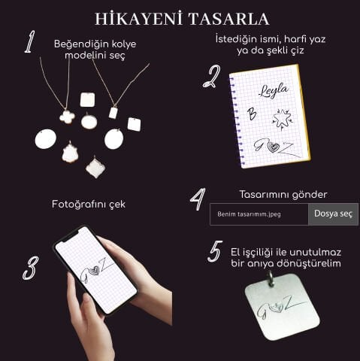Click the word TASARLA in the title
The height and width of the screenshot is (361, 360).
tap(228, 18)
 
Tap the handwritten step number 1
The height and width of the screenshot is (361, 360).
tap(29, 43)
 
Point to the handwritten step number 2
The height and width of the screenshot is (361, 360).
tap(212, 77)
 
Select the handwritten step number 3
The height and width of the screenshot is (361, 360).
tap(30, 267)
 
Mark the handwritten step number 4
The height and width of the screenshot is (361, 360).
tap(197, 199)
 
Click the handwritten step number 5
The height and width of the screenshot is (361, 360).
tap(214, 251)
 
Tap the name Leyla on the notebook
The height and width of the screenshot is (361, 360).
tap(273, 91)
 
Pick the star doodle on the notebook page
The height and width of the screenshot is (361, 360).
tap(283, 118)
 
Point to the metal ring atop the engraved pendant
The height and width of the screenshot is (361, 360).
tap(271, 279)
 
